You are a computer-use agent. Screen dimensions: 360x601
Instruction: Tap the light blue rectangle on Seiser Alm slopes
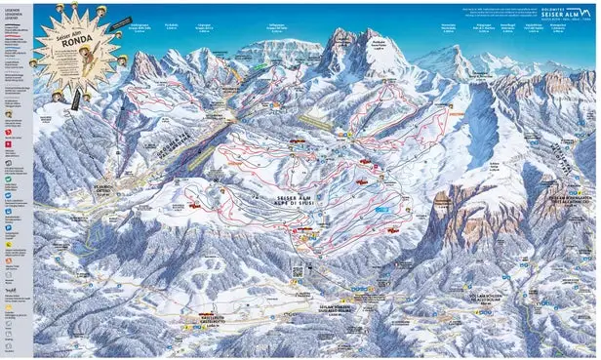pyautogui.click(x=382, y=209)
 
